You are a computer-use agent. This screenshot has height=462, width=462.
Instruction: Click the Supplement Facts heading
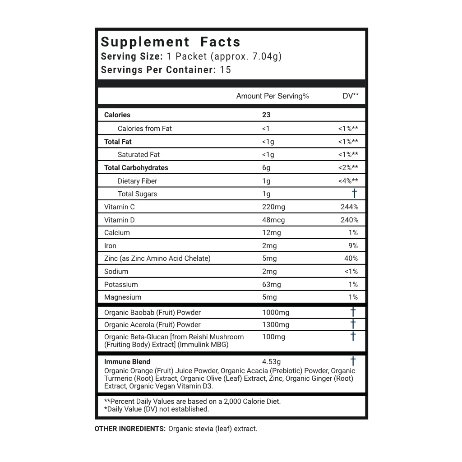coord(171,42)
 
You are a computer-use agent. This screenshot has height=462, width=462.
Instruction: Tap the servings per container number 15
coord(225,70)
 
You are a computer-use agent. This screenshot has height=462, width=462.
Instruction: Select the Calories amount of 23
coord(266,115)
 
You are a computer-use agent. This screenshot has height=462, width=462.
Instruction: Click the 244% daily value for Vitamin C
coord(349,207)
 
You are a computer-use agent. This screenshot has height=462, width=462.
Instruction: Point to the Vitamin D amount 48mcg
coord(273,220)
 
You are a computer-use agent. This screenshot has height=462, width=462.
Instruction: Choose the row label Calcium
coord(117,233)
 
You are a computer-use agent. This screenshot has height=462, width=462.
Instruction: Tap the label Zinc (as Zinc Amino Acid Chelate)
coord(157,259)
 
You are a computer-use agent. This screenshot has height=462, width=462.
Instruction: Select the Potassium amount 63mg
coord(271,285)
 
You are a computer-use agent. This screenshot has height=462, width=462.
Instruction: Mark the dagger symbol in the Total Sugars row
coord(354,194)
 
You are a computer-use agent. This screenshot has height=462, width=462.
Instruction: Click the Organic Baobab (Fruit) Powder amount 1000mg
coord(276,313)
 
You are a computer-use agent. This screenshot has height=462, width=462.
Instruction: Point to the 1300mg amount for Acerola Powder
coord(276,325)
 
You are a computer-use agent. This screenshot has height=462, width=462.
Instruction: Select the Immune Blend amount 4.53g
coord(271,362)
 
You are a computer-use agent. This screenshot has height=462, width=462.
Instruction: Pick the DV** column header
coord(351,96)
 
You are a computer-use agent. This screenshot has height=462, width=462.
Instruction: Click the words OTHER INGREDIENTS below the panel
coord(130,429)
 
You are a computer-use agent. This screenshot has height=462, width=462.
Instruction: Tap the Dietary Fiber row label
coord(137,181)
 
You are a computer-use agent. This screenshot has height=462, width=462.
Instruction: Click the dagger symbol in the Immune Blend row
coord(353,361)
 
